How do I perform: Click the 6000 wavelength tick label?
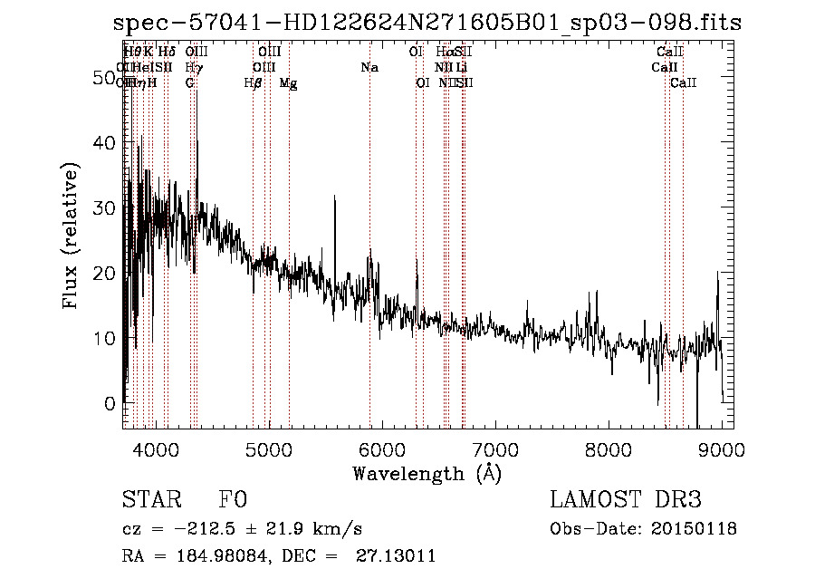[381, 449]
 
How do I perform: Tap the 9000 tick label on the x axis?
[722, 449]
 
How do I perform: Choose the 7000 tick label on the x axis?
[494, 449]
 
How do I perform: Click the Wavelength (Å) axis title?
[427, 473]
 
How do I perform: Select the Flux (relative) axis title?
[71, 236]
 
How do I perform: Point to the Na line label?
[369, 68]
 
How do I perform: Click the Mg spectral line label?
[288, 83]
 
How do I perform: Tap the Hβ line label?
[254, 83]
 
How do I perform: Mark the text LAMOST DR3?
[626, 499]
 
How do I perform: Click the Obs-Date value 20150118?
[694, 528]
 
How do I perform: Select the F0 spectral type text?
[233, 499]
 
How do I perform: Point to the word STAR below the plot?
[150, 499]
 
